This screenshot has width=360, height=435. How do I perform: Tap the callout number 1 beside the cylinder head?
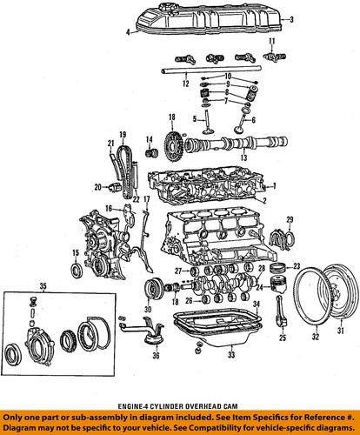(275, 185)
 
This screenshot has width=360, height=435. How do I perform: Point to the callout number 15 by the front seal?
(77, 253)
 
